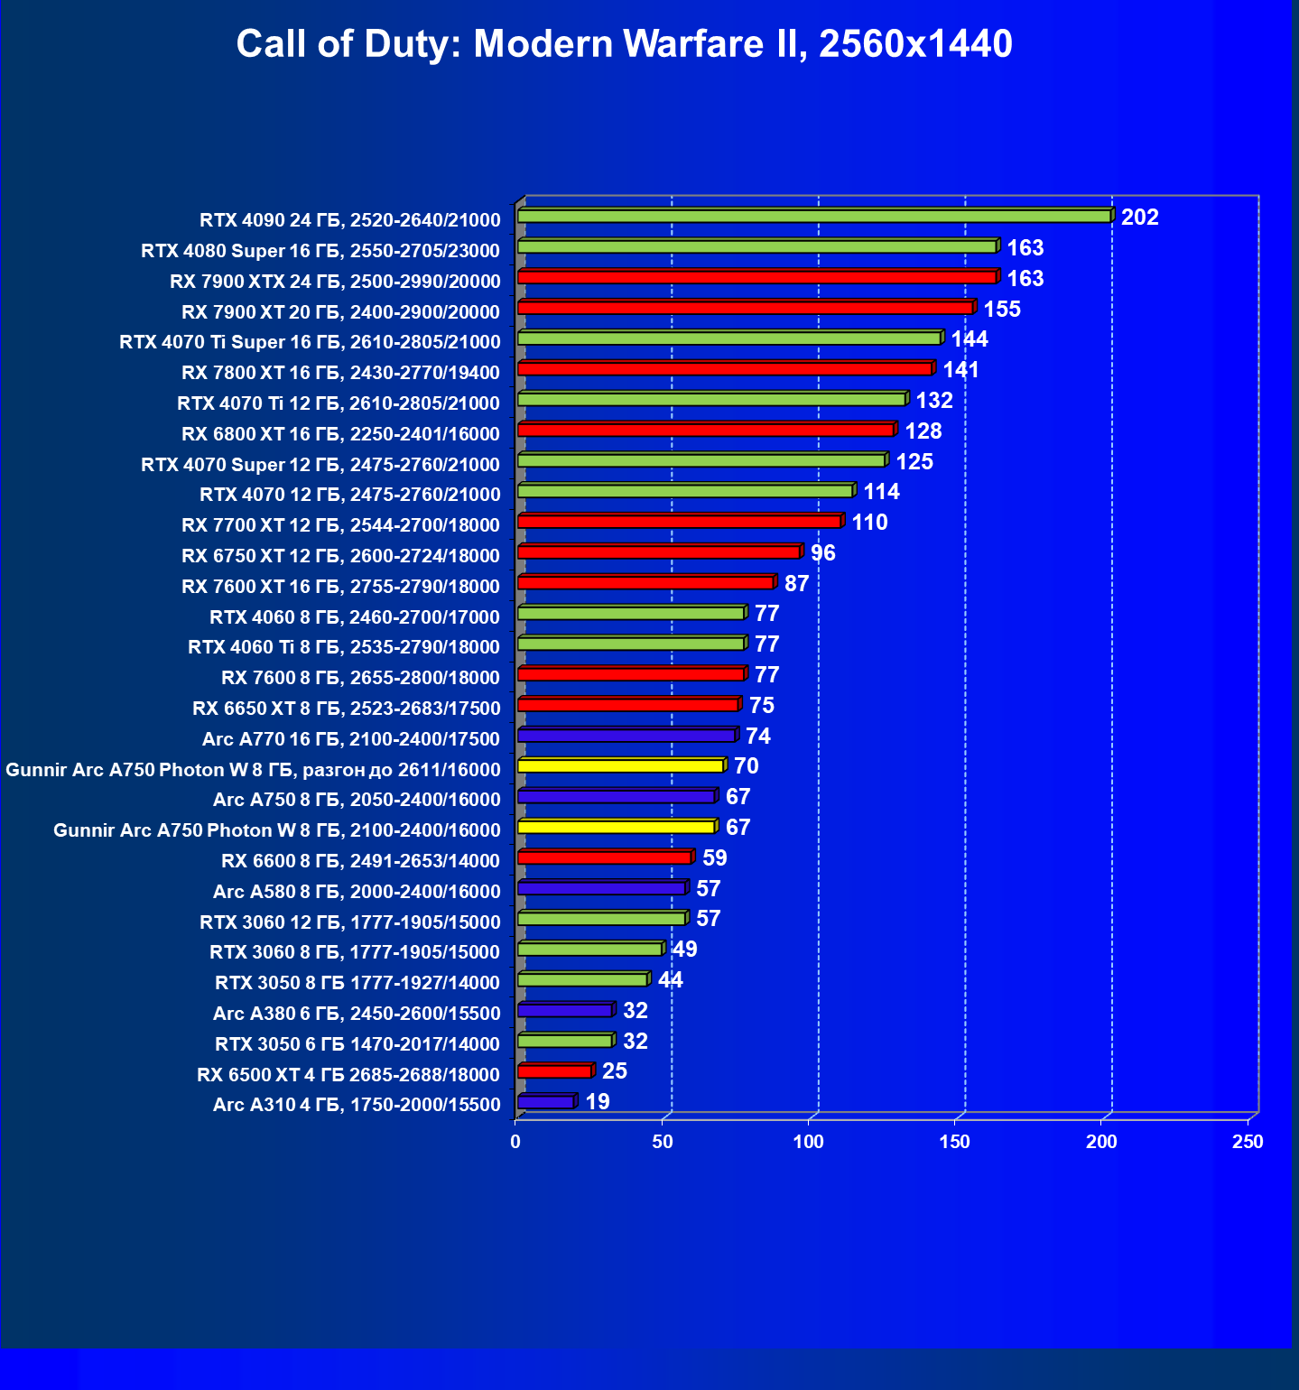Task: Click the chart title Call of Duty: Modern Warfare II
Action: (624, 43)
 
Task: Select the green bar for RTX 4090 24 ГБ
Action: (812, 217)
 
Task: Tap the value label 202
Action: (1139, 218)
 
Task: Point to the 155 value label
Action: (1001, 310)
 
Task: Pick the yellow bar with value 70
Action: (620, 766)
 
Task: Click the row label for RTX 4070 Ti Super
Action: (310, 342)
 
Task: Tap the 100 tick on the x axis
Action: (809, 1142)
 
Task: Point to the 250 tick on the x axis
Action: (1248, 1142)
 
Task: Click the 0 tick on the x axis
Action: (515, 1142)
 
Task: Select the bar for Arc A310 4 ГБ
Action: (545, 1102)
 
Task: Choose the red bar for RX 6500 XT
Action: (554, 1071)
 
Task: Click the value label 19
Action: (598, 1102)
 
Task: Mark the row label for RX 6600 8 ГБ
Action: (360, 861)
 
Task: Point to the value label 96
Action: (822, 553)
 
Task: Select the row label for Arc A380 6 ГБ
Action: (357, 1014)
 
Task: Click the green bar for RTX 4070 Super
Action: (701, 461)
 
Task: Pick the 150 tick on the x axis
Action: (954, 1142)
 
